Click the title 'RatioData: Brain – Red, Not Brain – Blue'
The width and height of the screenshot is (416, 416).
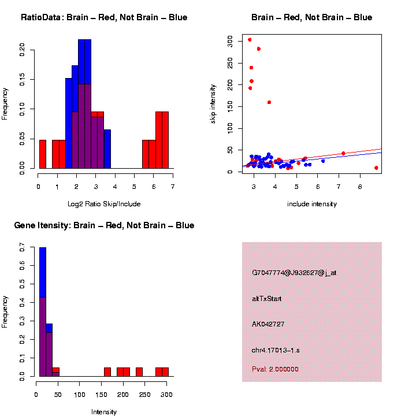104,17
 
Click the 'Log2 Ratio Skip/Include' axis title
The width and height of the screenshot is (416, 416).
105,204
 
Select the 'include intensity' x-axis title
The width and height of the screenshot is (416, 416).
312,204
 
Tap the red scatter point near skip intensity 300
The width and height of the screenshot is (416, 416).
250,40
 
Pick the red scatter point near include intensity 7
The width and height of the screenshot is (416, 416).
343,153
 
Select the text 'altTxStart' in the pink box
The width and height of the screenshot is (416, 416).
267,299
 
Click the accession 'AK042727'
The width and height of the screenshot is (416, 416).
268,324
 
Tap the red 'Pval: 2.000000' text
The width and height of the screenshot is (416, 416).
275,369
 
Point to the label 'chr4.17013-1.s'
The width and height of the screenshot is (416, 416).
276,350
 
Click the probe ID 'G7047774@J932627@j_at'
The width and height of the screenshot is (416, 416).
294,273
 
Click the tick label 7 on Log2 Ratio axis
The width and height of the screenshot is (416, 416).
173,186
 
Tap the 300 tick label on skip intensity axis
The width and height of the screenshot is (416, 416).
229,41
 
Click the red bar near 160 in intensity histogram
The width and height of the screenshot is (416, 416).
107,372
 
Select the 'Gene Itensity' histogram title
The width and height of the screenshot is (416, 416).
104,225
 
